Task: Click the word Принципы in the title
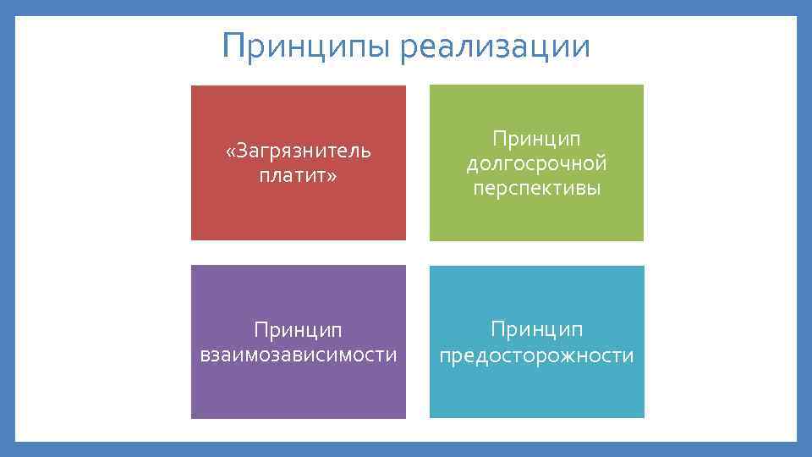pos(306,46)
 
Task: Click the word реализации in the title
pos(495,46)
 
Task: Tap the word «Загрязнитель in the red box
pos(299,151)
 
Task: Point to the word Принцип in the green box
pos(536,137)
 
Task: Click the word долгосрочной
pos(536,162)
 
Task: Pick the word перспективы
pos(536,188)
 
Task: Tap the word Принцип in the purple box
pos(299,328)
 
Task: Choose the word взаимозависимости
pos(299,354)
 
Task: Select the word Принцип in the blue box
pos(536,328)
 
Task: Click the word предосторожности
pos(536,355)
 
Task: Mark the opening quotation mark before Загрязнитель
pos(230,151)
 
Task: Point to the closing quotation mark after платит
pos(332,176)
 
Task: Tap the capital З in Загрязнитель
pos(243,151)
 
